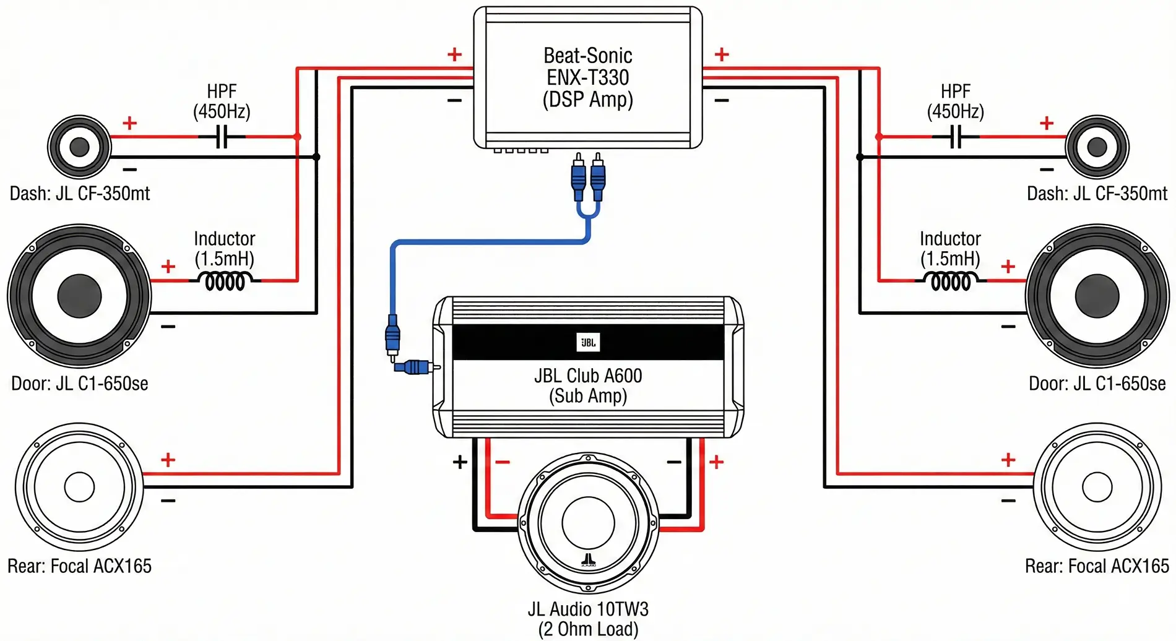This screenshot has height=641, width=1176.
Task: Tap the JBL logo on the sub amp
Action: coord(588,342)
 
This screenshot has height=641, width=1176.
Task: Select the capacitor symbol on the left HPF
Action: coord(222,137)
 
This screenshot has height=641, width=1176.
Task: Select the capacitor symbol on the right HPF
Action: coord(956,137)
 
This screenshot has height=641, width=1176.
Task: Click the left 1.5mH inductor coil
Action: coord(225,282)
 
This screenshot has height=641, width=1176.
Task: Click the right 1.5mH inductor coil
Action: coord(951,282)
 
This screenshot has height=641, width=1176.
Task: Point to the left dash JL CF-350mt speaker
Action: coord(79,147)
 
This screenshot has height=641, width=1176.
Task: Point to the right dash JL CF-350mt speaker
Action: coord(1097,147)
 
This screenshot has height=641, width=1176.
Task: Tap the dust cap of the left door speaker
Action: coord(79,296)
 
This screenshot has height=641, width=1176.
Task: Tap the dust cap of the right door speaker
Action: coord(1097,296)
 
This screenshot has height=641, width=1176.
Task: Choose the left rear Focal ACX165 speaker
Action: coord(79,487)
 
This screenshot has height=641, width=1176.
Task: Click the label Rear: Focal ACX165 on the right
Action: coord(1097,566)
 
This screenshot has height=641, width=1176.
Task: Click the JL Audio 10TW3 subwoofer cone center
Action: coord(588,523)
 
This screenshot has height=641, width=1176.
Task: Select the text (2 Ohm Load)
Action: coord(588,629)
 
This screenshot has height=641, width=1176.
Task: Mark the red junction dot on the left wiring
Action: coord(297,136)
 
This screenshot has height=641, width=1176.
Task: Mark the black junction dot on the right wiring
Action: coord(860,157)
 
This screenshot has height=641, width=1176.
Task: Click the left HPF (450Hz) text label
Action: coord(222,101)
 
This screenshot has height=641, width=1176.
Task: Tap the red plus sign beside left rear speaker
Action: coord(168,460)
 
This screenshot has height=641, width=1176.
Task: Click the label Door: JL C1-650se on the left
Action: coord(79,384)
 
